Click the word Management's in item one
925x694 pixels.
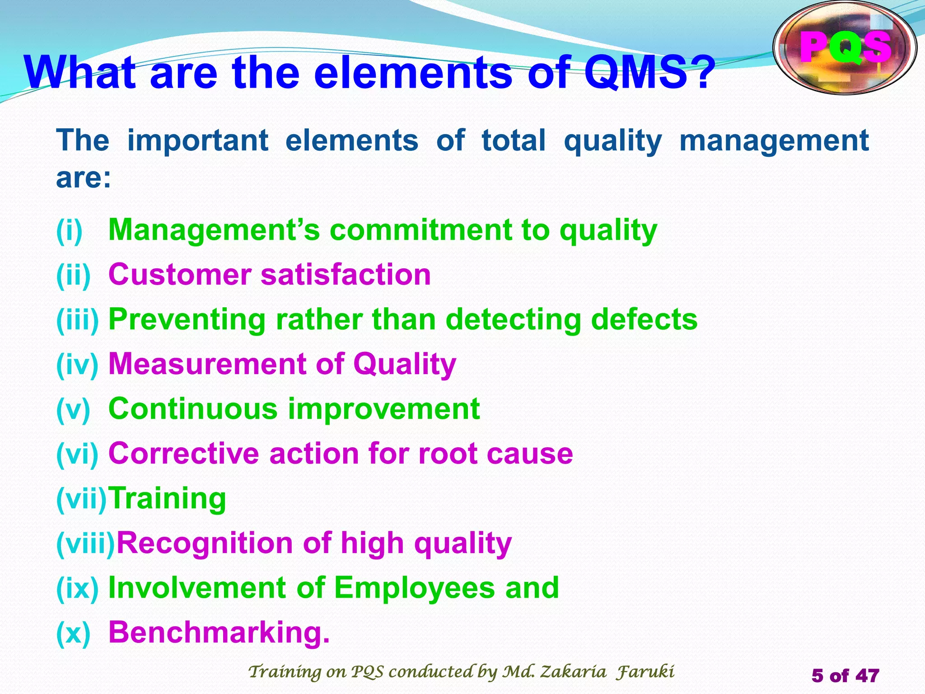click(214, 230)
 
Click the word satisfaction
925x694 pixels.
click(346, 275)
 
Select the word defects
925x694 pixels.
click(644, 319)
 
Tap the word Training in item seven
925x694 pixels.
click(168, 498)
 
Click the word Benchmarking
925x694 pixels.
click(219, 632)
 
